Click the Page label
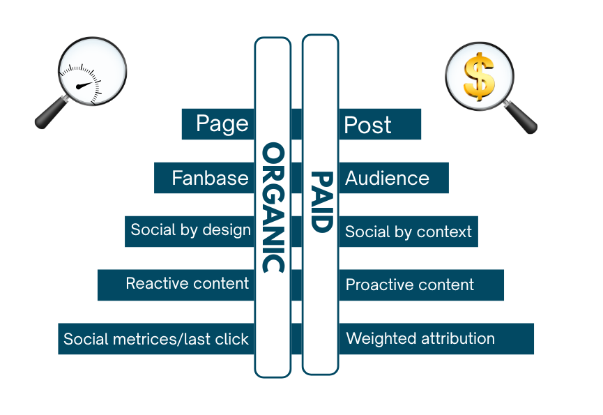[222, 124]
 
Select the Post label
[368, 126]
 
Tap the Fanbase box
[210, 178]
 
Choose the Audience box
[387, 178]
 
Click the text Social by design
[190, 230]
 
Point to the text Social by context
[409, 232]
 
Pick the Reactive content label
[187, 283]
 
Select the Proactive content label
[410, 285]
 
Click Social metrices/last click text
[156, 339]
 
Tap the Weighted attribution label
[420, 338]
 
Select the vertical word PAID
[320, 202]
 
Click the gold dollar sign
[479, 76]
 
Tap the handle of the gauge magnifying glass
[48, 116]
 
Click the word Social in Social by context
[364, 232]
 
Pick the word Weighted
[381, 338]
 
